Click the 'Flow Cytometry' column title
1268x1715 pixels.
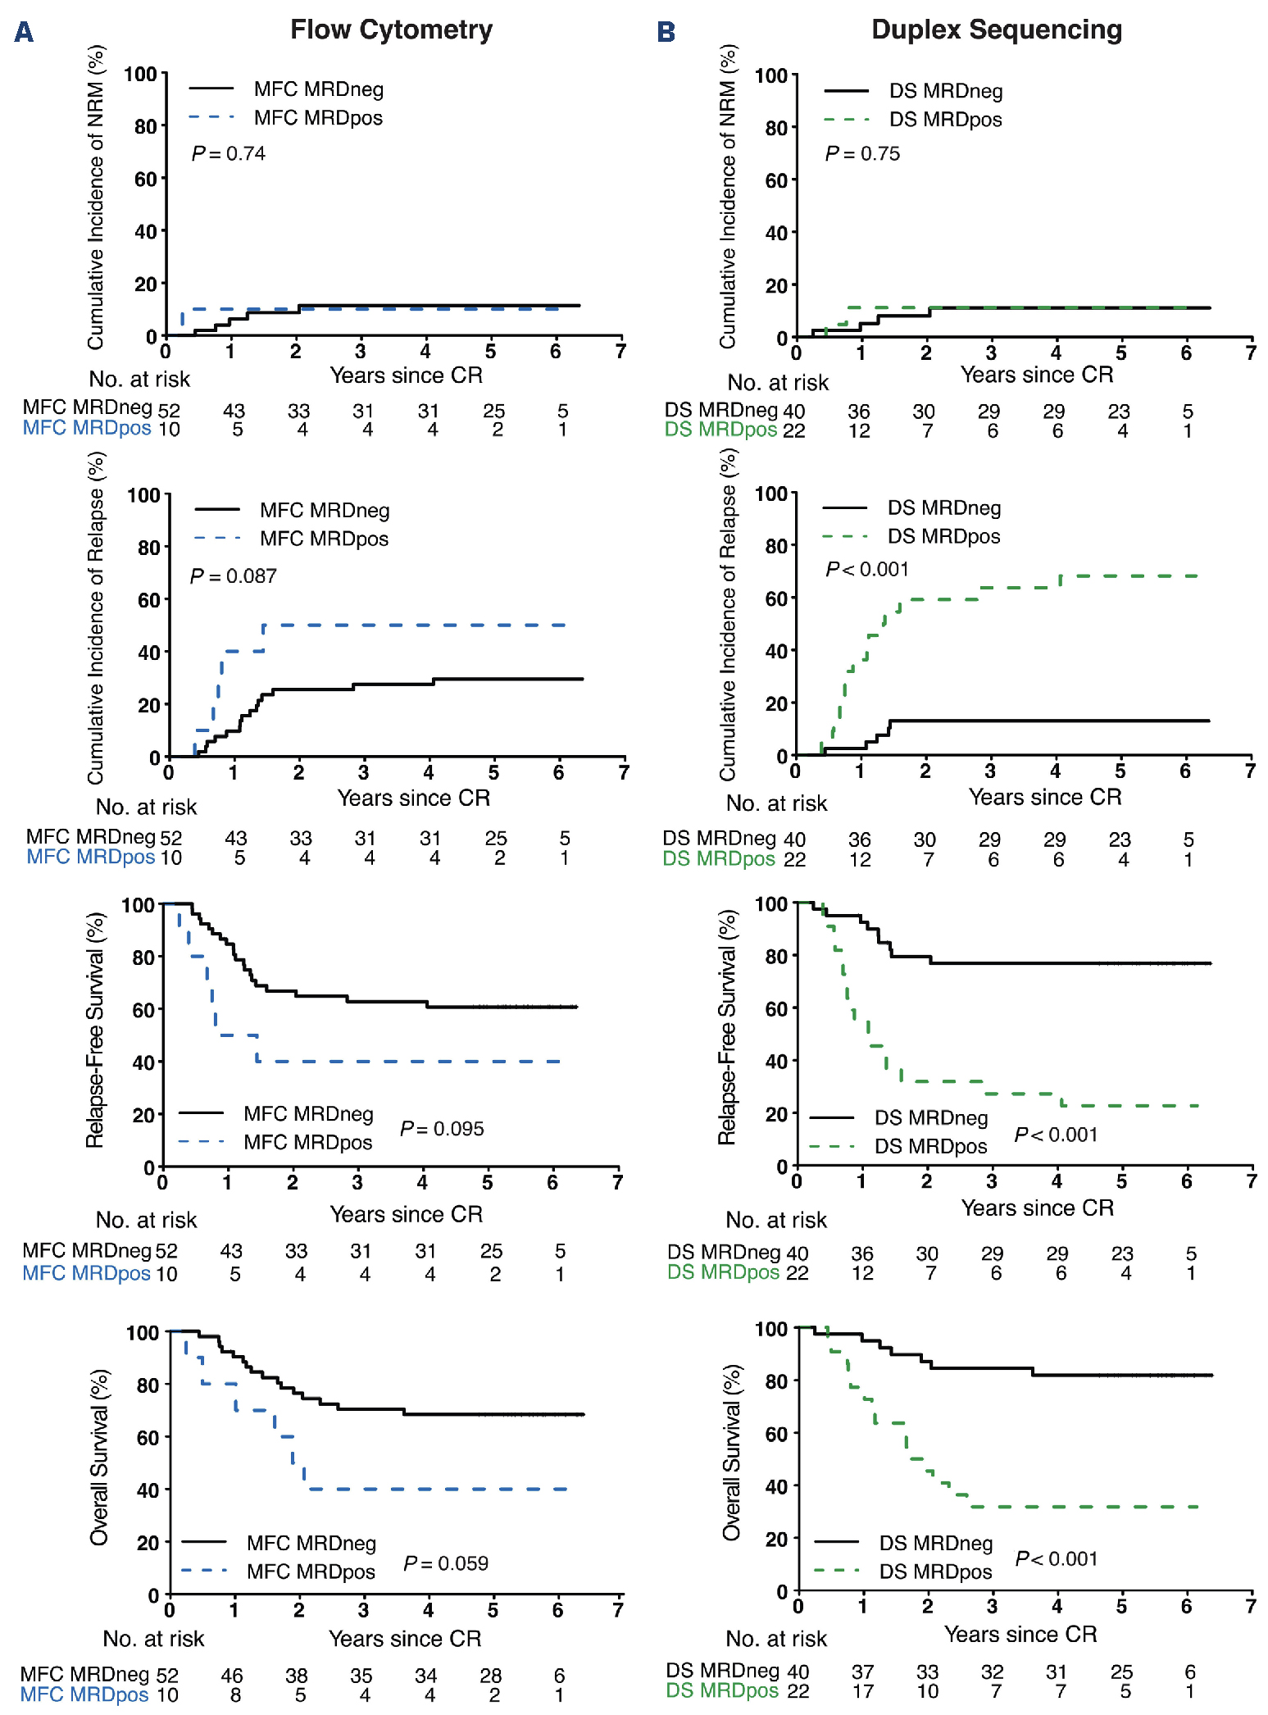point(391,30)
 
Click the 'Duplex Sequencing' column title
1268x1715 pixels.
point(996,30)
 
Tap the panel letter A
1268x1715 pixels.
point(24,33)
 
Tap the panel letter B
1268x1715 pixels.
point(666,33)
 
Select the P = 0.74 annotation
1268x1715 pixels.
point(228,154)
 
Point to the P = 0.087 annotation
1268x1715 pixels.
point(233,576)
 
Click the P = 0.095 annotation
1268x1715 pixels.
point(442,1129)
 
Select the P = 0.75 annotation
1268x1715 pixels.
point(862,154)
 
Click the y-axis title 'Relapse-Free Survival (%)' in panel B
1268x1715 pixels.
point(727,1029)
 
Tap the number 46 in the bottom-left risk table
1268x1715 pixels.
point(232,1676)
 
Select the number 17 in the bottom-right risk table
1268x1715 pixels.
point(863,1691)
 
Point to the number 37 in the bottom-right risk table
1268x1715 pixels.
point(863,1672)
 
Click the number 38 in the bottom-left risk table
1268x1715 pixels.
point(297,1676)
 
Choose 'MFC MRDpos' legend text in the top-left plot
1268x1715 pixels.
point(318,118)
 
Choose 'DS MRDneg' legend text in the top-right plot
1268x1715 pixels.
point(946,91)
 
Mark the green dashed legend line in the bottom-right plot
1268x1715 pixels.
point(836,1571)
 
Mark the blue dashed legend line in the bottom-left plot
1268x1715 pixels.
point(203,1571)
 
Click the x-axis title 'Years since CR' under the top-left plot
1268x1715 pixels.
point(406,375)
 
